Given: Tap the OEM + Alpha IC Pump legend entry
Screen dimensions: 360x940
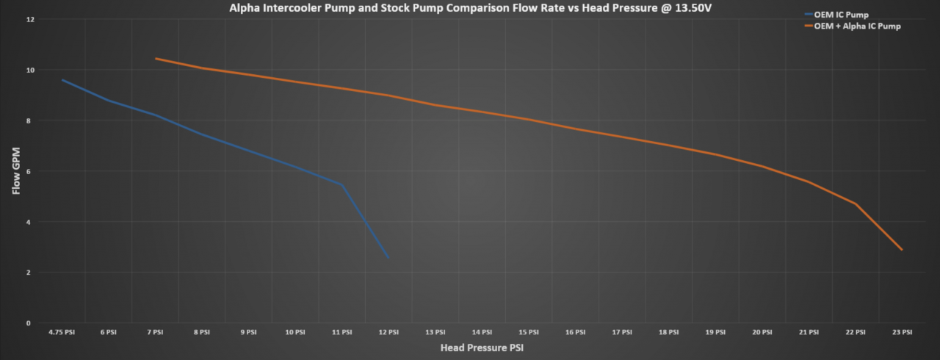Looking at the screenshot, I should coord(858,26).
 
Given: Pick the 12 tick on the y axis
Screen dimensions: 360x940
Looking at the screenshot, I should coord(30,19).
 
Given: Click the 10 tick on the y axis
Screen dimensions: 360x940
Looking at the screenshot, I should coord(30,70).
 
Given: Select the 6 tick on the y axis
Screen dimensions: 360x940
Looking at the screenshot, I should coord(30,171).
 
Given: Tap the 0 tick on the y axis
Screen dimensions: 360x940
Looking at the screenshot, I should coord(30,323).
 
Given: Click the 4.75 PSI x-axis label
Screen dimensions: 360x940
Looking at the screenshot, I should coord(62,332).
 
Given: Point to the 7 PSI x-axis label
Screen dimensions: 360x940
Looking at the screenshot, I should coord(156,332).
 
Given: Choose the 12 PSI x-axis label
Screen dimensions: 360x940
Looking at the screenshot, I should coord(388,332).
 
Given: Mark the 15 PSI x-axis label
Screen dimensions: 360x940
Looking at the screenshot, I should coord(529,332).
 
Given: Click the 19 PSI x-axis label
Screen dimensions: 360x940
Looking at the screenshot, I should coord(715,332).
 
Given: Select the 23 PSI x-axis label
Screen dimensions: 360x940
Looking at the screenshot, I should coord(902,332).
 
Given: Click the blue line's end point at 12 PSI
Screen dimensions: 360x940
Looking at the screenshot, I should coord(388,257).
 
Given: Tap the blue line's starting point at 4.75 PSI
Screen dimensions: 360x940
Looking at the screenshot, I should coord(62,80).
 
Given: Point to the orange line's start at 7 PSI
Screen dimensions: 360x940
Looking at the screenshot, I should coord(156,59).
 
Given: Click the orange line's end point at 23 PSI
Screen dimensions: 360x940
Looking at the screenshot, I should coord(902,250).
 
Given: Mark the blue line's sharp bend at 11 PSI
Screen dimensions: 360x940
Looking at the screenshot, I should coord(341,184).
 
